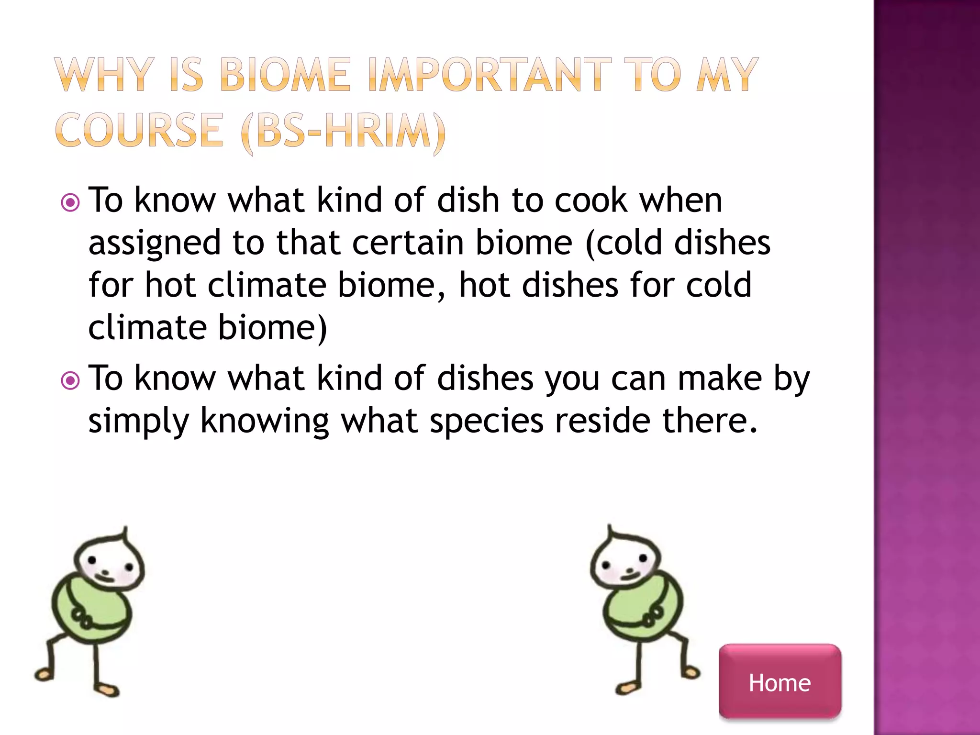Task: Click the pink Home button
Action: point(780,681)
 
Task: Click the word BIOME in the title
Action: point(285,75)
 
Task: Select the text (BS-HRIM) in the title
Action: point(344,131)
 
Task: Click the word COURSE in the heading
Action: point(139,130)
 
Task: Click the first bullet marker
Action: point(70,203)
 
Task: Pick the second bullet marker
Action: point(70,381)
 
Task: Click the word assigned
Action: point(155,243)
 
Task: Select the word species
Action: point(486,422)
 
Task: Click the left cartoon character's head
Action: point(109,562)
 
